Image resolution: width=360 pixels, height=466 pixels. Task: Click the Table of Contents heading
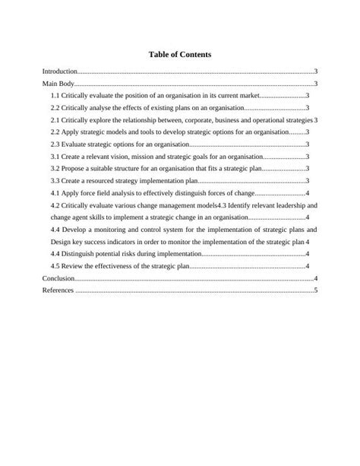pos(180,55)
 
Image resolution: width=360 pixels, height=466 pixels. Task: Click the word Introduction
pos(60,71)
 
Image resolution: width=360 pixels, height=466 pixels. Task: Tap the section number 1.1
pos(55,97)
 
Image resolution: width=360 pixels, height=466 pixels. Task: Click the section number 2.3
pos(55,144)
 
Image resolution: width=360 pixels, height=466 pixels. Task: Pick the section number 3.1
pos(55,156)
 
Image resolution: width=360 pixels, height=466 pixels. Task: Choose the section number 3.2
pos(55,168)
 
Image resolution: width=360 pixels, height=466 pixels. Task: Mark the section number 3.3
pos(55,180)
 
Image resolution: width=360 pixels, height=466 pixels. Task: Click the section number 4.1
pos(55,192)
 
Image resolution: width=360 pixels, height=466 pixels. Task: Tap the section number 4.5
pos(55,265)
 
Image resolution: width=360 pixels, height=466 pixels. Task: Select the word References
pos(58,290)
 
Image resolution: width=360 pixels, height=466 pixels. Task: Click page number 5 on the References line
pos(315,290)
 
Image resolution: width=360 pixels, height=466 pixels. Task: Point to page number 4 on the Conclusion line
pos(315,278)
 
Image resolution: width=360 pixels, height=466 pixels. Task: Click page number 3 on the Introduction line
pos(315,71)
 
